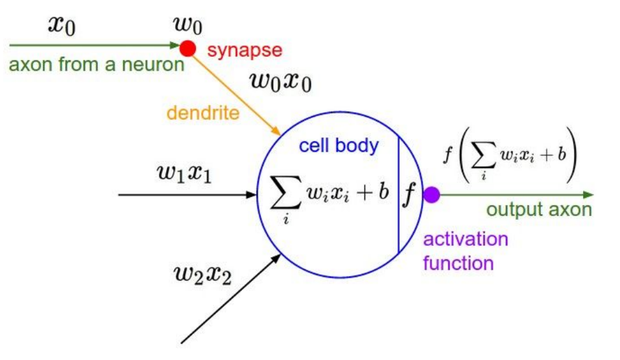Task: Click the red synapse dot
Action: pos(187,47)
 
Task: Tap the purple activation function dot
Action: pos(431,194)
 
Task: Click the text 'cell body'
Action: pos(338,145)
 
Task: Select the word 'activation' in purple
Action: pos(466,239)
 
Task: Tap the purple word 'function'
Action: pos(459,263)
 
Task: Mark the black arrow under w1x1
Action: pos(188,194)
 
